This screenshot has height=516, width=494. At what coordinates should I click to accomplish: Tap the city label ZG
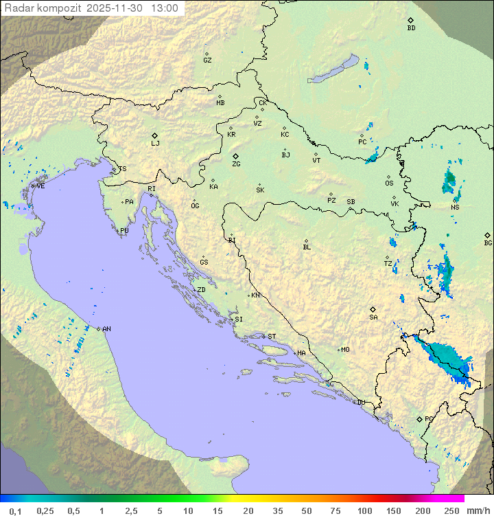click(x=236, y=164)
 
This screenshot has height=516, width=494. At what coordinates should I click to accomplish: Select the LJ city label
click(x=155, y=144)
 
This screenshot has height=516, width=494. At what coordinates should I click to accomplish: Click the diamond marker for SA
click(x=373, y=309)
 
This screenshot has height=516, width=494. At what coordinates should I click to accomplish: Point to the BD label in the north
click(x=411, y=28)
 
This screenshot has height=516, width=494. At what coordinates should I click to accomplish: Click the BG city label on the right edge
click(x=488, y=243)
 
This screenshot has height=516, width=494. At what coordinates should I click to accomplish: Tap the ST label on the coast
click(x=272, y=337)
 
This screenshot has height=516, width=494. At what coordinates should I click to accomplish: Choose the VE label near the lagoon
click(x=40, y=186)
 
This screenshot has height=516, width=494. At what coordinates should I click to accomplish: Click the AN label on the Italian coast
click(x=106, y=329)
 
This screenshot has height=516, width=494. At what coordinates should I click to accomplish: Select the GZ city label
click(x=207, y=60)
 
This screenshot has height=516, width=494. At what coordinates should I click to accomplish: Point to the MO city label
click(x=345, y=350)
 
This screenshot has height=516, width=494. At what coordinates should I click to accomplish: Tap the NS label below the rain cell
click(x=455, y=207)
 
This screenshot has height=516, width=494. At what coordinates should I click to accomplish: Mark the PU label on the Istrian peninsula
click(x=124, y=231)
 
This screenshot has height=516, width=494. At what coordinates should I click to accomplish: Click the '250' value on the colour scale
click(x=451, y=511)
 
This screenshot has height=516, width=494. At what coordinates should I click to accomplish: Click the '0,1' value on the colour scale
click(x=15, y=511)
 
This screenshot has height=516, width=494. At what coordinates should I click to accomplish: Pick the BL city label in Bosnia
click(x=307, y=247)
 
